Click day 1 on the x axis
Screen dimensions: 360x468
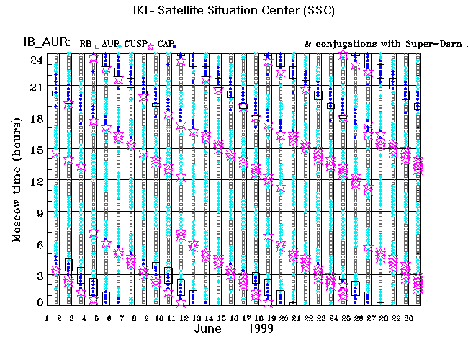click(x=47, y=318)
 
